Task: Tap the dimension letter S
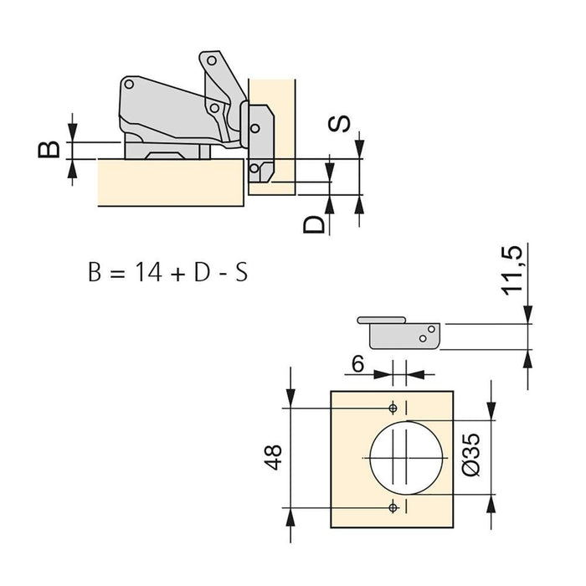point(339,123)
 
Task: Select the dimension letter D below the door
point(313,224)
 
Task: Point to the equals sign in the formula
point(118,274)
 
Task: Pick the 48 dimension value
point(274,460)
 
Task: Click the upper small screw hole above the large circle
point(393,408)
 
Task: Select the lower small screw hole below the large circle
point(393,507)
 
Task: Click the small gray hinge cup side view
point(400,333)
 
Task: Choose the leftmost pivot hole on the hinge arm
point(130,86)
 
